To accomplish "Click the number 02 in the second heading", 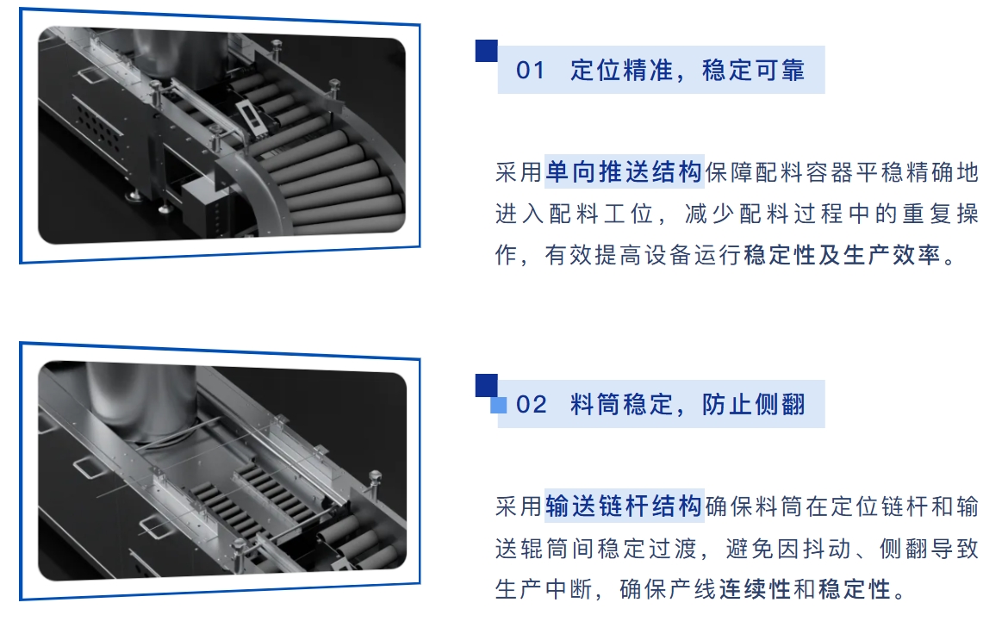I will (x=532, y=405).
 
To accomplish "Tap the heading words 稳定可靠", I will (x=754, y=71).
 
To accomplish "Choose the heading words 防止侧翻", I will (x=754, y=405).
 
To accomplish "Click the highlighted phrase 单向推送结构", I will (x=625, y=173).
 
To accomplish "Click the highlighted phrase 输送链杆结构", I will (x=625, y=506).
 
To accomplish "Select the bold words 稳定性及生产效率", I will (x=842, y=257).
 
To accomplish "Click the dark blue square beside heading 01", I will (x=487, y=51).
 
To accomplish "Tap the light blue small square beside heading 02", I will (x=499, y=405).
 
